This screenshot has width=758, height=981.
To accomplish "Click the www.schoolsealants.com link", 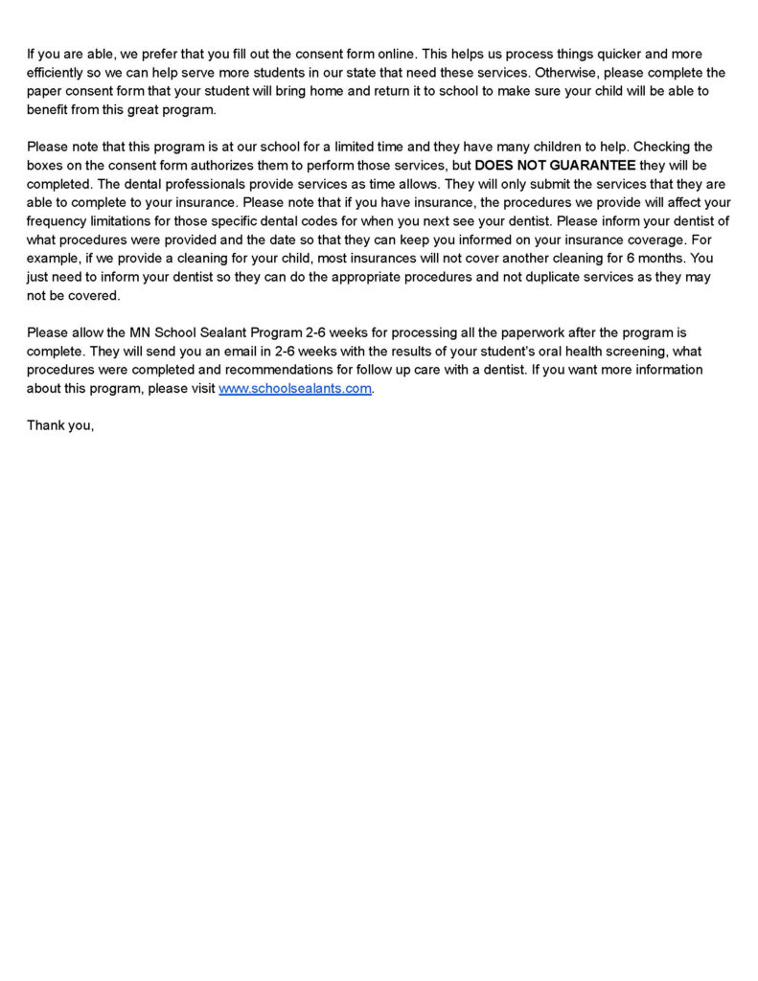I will pos(294,388).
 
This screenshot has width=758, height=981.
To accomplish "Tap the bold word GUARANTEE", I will pos(592,165).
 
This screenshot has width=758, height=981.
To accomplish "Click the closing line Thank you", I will pos(59,425).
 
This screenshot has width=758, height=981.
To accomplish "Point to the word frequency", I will pos(60,220).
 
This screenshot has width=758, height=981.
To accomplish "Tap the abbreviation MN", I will pos(142,332).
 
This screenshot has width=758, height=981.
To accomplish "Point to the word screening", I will pos(611,351).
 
